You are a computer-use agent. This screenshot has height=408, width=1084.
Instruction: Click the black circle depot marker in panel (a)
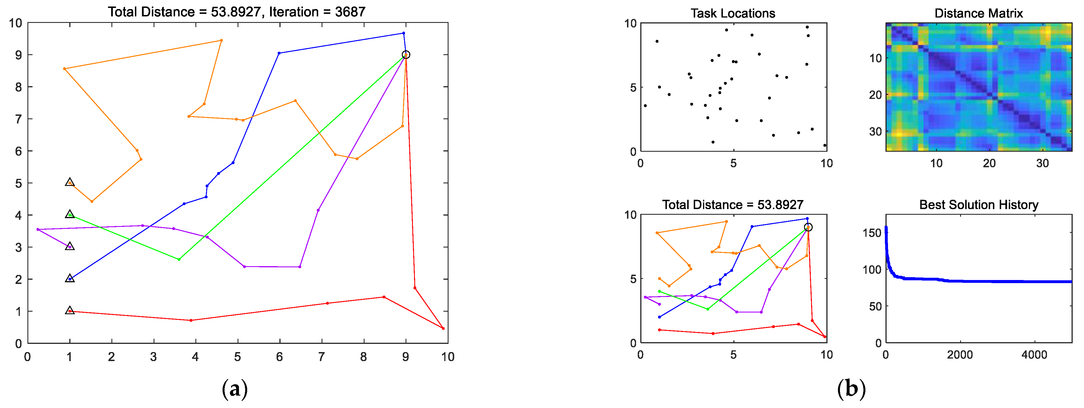(x=406, y=55)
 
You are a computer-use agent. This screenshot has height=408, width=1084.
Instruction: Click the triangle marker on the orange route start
(x=70, y=183)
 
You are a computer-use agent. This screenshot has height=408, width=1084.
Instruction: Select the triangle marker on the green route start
(x=70, y=214)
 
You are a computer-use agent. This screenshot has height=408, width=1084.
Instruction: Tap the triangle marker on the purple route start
(x=70, y=246)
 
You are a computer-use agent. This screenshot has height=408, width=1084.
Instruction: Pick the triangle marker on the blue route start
(x=70, y=278)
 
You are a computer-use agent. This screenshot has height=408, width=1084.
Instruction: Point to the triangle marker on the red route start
(x=70, y=311)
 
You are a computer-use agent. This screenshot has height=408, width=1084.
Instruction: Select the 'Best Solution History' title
(x=979, y=205)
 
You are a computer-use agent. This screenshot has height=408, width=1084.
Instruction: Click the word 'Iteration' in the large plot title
(x=294, y=12)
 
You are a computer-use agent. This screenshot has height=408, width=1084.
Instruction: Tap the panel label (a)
(x=234, y=389)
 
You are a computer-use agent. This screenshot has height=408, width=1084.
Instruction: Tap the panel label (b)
(x=851, y=389)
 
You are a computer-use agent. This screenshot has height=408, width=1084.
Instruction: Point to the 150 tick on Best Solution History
(x=872, y=233)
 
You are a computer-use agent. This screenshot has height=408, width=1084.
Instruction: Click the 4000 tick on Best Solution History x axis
(x=1034, y=355)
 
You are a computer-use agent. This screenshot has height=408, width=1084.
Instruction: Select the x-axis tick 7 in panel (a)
(x=322, y=357)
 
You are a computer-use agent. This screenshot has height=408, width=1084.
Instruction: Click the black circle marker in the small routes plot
(x=808, y=227)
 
